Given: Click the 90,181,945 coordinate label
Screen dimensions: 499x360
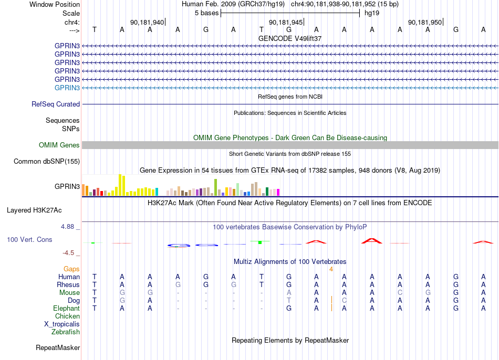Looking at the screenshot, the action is pos(286,22).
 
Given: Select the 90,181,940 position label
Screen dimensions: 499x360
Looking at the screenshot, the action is pos(147,22).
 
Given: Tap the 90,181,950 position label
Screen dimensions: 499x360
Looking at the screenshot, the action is pos(425,22).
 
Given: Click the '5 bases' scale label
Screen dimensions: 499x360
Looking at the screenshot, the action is pos(207,13).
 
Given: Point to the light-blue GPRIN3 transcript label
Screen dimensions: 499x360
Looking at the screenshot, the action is pos(67,88).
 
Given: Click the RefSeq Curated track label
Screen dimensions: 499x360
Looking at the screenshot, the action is pos(56,104).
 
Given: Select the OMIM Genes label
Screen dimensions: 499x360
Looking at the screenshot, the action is pos(59,145).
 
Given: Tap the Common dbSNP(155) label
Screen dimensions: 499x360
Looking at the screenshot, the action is pos(47,161).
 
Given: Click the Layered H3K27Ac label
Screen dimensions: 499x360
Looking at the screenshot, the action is pos(34,210).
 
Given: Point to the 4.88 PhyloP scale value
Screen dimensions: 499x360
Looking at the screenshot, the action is pos(67,226).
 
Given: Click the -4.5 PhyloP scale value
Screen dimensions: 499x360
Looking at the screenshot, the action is pos(68,253).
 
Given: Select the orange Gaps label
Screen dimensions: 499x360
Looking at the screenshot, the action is pos(71,269).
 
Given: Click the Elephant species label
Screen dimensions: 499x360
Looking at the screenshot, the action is pos(67,308).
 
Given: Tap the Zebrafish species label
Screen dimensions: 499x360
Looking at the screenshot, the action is pos(66,332).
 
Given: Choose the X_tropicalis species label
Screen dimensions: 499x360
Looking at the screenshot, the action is pos(62,324).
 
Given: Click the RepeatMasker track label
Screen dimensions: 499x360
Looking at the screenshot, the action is pos(58,347).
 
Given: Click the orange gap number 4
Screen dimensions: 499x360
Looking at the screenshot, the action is pos(331,269).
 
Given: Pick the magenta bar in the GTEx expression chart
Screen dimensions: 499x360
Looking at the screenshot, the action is pos(278,193).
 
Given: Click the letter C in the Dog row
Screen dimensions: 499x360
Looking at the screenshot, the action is pos(344,300).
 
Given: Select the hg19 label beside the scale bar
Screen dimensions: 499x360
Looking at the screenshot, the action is pos(372,13).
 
